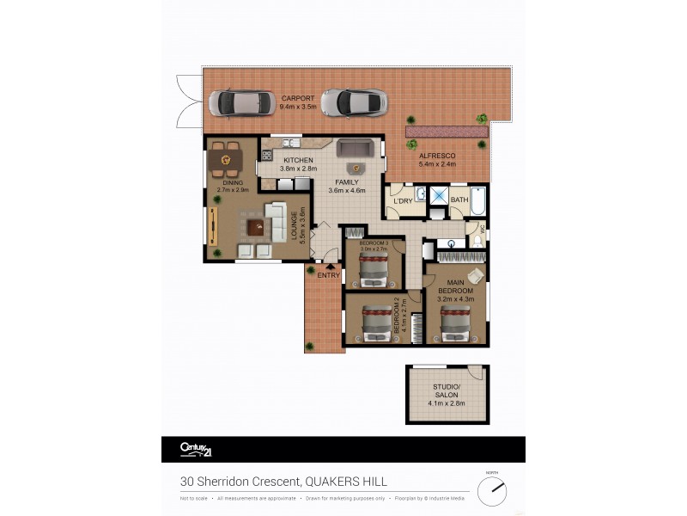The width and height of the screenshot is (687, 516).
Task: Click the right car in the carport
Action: [x=354, y=102]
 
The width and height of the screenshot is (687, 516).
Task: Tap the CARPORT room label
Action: [x=297, y=98]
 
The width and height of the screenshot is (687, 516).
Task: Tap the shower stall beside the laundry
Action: [x=438, y=198]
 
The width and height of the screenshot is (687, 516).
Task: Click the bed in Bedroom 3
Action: [x=374, y=270]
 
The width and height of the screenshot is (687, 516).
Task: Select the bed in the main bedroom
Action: [x=455, y=323]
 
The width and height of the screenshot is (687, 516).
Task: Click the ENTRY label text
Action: [x=328, y=275]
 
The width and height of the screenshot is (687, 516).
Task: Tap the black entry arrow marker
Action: [x=329, y=267]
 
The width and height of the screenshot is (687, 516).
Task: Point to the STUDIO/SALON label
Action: [x=447, y=397]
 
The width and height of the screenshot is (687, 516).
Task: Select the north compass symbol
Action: [x=493, y=490]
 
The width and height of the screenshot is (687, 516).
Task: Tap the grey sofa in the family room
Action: [x=353, y=148]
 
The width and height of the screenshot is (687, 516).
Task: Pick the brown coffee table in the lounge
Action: [x=255, y=228]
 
